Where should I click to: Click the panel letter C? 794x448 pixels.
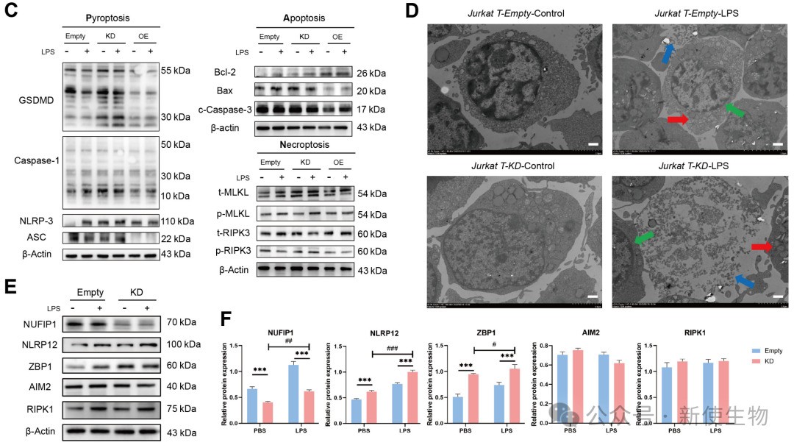[x=10, y=13]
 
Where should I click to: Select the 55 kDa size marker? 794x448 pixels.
[x=176, y=71]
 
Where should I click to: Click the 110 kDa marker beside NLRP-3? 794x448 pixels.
[x=179, y=221]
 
